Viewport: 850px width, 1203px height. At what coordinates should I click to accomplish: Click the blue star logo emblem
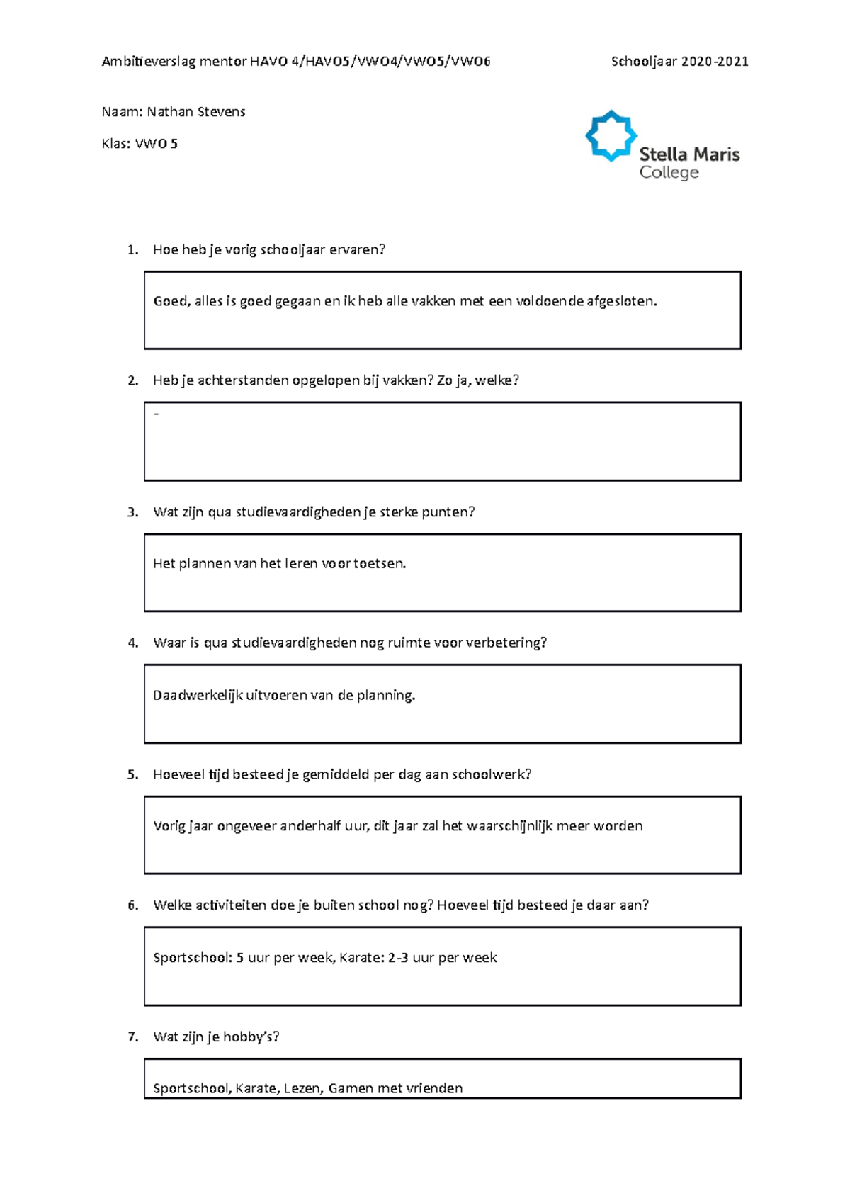(x=611, y=136)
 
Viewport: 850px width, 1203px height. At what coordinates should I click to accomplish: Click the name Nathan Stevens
(x=196, y=112)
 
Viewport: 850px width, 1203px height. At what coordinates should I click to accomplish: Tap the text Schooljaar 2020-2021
(x=679, y=62)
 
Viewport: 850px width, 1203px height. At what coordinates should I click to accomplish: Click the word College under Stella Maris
(x=669, y=173)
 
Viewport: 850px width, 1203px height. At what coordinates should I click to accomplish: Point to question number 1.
(x=132, y=249)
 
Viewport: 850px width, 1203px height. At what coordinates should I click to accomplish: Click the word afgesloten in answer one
(x=621, y=301)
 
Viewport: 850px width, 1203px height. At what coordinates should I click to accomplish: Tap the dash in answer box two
(x=157, y=414)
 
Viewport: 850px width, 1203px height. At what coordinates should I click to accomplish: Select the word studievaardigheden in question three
(x=298, y=512)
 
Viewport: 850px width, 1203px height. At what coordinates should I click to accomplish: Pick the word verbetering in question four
(x=509, y=643)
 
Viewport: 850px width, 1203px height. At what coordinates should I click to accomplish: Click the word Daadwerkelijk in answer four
(x=198, y=696)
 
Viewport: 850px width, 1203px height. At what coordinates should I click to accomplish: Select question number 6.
(x=132, y=905)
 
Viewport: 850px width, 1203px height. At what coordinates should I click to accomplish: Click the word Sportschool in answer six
(x=192, y=958)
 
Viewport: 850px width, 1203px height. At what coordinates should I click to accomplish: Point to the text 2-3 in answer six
(x=398, y=958)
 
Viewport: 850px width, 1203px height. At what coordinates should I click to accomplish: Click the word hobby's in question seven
(x=251, y=1037)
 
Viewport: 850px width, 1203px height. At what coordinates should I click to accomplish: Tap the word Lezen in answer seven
(x=302, y=1088)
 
